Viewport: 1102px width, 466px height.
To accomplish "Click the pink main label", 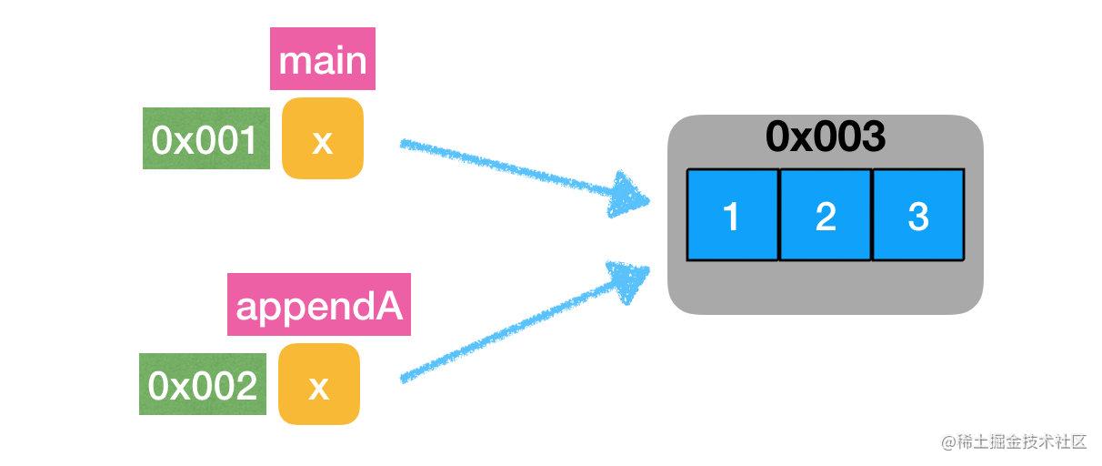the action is tap(323, 58).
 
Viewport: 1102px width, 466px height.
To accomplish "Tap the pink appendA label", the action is tap(319, 304).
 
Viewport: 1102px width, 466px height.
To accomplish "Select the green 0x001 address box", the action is tap(206, 138).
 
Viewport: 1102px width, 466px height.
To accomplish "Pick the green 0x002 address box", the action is tap(203, 384).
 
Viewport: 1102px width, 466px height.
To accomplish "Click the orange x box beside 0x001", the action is tap(323, 138).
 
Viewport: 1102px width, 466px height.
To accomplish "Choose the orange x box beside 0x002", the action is tap(319, 384).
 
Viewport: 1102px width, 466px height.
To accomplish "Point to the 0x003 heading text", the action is tap(826, 136).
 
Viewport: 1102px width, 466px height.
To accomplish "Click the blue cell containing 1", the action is tap(733, 215).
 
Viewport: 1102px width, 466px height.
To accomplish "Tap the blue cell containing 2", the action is tap(826, 215).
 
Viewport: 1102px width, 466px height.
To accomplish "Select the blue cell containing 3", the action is tap(918, 215).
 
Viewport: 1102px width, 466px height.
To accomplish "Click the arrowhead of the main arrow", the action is tap(628, 195).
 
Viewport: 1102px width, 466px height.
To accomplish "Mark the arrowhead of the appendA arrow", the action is tap(628, 280).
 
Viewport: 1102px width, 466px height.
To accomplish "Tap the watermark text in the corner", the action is tap(1014, 441).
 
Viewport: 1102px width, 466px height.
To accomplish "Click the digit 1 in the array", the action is tap(731, 216).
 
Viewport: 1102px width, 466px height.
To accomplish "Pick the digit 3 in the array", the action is tap(918, 216).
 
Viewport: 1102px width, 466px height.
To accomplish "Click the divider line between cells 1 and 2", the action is tap(779, 215).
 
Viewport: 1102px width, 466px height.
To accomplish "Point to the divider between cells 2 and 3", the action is tap(872, 215).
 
